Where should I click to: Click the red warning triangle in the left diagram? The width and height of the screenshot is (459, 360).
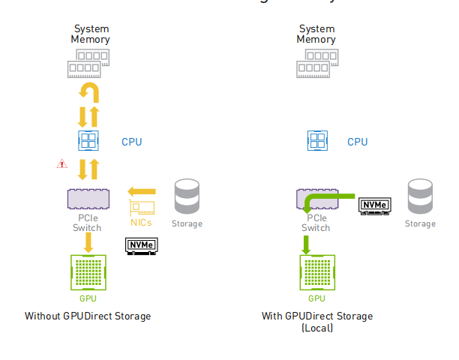point(62,163)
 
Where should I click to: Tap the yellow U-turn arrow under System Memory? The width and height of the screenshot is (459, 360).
point(89,93)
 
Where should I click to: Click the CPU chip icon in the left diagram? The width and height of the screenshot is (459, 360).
point(89,141)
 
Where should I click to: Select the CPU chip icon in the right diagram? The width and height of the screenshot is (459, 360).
point(318,141)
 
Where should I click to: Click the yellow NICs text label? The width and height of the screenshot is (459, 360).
point(142,223)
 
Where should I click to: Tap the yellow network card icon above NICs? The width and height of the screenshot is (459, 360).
point(142,208)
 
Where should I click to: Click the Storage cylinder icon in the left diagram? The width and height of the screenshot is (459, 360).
point(186,197)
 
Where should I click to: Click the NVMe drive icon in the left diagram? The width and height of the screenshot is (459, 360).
point(141,245)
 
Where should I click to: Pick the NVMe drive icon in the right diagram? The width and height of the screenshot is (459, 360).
point(374,205)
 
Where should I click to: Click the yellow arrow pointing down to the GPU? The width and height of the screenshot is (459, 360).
point(88,241)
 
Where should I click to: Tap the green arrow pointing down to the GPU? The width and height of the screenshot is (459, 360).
point(306,244)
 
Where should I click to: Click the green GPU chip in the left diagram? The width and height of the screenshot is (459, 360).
point(88,272)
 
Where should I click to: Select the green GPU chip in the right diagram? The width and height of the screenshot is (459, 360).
point(318,272)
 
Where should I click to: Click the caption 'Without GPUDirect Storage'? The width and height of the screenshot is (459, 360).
point(88,316)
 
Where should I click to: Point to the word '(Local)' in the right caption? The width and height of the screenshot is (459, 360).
point(317,328)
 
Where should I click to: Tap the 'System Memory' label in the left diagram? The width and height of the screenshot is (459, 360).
point(90,34)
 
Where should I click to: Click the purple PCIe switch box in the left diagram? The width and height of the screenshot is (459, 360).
point(87,199)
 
